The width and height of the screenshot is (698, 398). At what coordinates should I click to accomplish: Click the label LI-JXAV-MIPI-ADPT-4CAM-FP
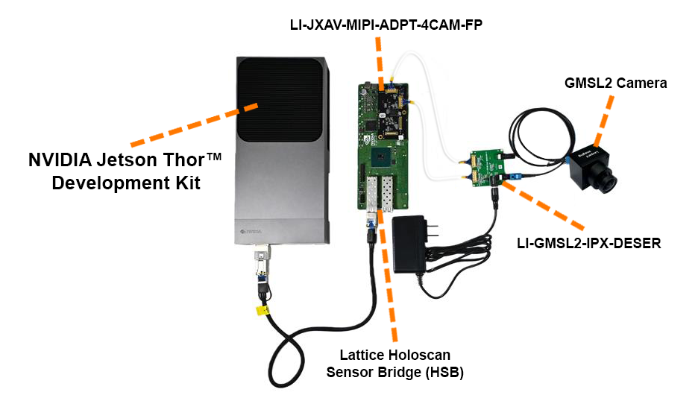(x=386, y=25)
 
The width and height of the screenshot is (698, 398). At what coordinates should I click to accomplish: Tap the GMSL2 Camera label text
(x=615, y=83)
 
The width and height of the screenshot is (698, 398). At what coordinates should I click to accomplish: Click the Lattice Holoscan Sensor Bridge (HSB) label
(x=395, y=364)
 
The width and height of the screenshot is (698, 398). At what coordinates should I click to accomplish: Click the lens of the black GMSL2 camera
(x=609, y=179)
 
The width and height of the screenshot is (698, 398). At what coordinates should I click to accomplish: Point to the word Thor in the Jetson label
(x=175, y=159)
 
